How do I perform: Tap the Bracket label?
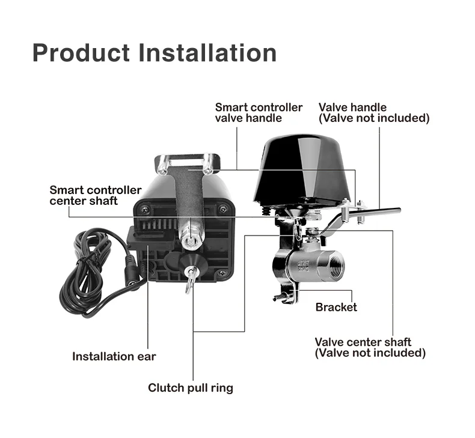coord(336,307)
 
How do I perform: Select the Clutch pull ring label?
coord(191,388)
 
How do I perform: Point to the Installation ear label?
coord(114,356)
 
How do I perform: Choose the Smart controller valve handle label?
coord(259,112)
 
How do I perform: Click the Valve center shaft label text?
coord(363,342)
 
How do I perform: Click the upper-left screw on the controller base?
coord(144,210)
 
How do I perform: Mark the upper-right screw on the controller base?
coord(222,209)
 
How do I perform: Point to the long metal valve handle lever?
coord(373,213)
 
